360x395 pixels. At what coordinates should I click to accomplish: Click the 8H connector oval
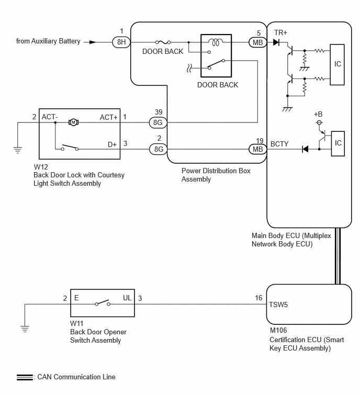coord(121,42)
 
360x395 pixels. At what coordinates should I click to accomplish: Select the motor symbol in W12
coord(73,122)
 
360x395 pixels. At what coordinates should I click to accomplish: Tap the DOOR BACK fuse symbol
coord(163,42)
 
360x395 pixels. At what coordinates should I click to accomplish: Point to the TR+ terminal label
coord(280,33)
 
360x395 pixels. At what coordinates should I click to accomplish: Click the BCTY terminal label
coord(279,144)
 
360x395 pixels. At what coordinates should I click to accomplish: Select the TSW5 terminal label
coord(278,305)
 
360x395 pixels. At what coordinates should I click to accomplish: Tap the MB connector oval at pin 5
coord(258,42)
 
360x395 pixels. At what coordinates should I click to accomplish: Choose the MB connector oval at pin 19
coord(258,149)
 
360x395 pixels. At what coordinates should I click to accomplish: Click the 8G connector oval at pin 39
coord(158,122)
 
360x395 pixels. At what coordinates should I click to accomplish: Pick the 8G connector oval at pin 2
coord(158,149)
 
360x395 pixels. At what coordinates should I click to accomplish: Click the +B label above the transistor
coord(318,115)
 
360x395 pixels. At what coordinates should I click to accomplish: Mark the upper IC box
coord(337,65)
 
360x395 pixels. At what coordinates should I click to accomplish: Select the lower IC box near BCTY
coord(337,143)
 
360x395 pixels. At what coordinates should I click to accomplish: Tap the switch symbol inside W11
coord(103,303)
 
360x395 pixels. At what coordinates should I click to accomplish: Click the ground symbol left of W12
coord(18,150)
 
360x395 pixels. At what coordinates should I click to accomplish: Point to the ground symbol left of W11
coord(25,329)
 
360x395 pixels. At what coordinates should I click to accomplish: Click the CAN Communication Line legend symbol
coord(25,377)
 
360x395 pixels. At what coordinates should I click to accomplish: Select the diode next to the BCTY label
coord(305,149)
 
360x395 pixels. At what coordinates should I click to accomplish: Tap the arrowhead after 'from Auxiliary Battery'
coord(93,42)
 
